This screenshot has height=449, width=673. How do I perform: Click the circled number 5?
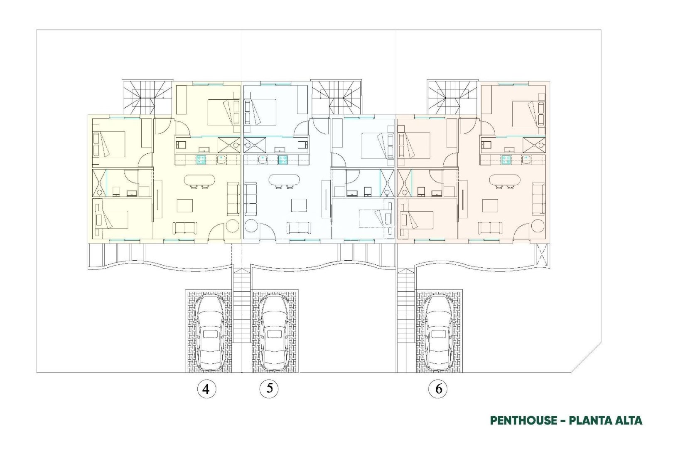[x=269, y=388]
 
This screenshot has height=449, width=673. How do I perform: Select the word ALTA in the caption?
[x=626, y=420]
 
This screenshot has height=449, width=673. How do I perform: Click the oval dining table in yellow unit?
[x=199, y=181]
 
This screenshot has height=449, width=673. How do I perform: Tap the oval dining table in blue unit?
[x=284, y=181]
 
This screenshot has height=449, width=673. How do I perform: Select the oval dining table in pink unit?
[x=505, y=181]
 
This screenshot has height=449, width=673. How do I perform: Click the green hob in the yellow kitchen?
[x=201, y=159]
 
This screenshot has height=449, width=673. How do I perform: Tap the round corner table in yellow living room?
[x=232, y=227]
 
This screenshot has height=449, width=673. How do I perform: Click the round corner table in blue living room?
[x=252, y=227]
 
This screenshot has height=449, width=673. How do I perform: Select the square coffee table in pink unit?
[x=489, y=205]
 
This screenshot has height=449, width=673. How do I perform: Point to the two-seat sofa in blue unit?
[x=299, y=228]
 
